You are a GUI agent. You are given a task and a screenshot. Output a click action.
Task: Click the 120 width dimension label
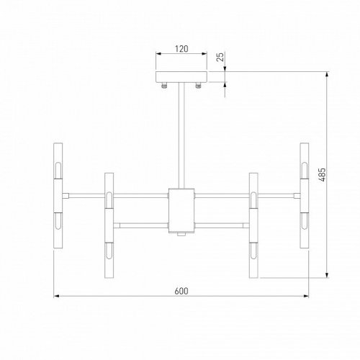(181, 50)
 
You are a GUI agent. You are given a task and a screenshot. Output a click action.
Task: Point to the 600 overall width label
(182, 291)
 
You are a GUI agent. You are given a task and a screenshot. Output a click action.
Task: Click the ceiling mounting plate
(181, 76)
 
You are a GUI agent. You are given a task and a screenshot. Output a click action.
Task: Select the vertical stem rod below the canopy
(181, 137)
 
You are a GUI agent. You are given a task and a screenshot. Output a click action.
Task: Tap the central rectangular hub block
(181, 209)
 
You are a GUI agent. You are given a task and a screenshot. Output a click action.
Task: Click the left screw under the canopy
(165, 86)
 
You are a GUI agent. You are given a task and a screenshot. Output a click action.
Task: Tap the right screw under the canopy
(197, 86)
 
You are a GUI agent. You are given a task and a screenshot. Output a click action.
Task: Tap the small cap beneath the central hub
(181, 235)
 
